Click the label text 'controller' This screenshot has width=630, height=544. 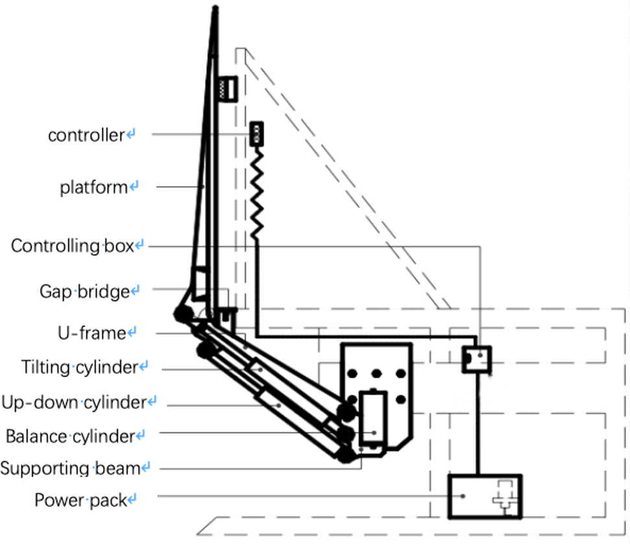point(86,135)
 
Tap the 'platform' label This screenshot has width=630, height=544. point(93,188)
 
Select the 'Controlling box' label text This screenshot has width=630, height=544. point(72,245)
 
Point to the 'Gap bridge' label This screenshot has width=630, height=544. point(84,291)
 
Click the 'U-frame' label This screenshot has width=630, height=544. point(92,333)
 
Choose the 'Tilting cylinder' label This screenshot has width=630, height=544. point(80,367)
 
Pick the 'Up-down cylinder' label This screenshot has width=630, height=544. point(74,402)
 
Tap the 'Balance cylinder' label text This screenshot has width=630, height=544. point(70,436)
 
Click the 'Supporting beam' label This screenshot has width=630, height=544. point(70,469)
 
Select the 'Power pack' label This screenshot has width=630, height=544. point(80,500)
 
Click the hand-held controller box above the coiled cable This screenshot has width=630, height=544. point(257,134)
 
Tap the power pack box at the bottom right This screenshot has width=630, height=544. point(485,497)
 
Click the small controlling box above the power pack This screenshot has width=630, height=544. point(476,359)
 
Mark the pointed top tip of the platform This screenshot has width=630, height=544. point(215,7)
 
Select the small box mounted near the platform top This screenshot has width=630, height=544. point(228,89)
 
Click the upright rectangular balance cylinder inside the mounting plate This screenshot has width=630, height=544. point(373,419)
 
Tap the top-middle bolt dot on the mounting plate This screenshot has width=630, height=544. point(376,373)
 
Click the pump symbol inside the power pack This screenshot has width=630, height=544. point(504,497)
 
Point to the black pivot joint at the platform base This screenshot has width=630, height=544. point(183,314)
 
